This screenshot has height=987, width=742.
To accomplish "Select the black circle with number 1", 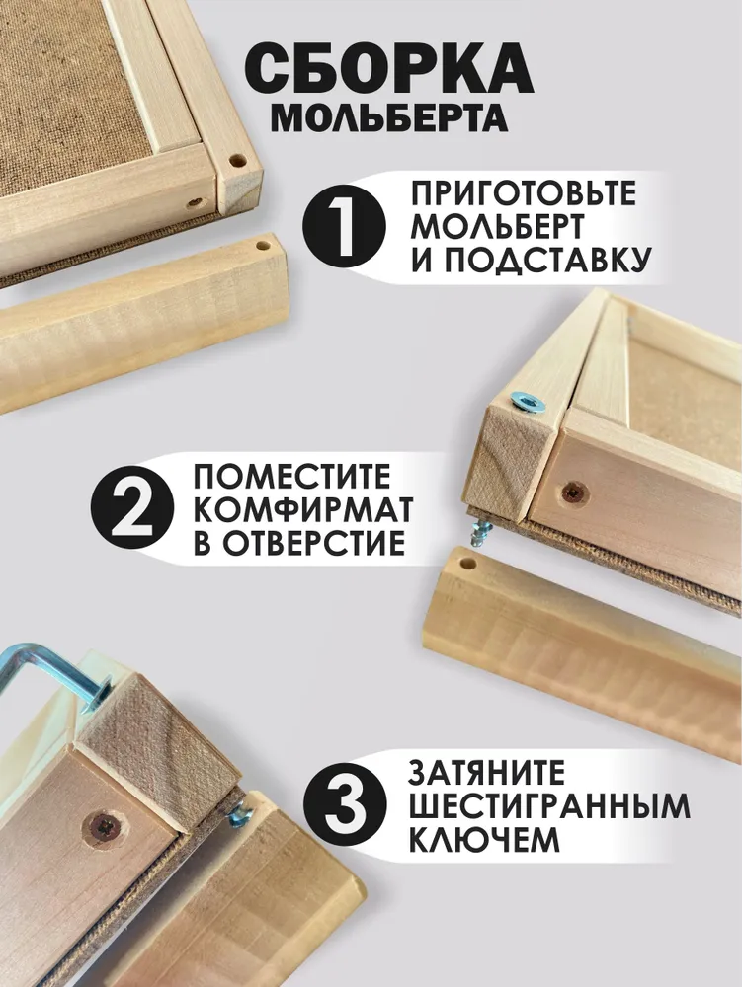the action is coord(344,227).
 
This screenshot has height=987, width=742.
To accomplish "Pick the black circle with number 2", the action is coord(133,509).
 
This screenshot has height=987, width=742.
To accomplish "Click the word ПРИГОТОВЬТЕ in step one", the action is coord(524,193).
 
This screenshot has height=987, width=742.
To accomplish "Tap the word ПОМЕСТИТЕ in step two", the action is coord(291,477).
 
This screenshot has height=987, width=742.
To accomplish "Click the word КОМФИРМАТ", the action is coord(303,509).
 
